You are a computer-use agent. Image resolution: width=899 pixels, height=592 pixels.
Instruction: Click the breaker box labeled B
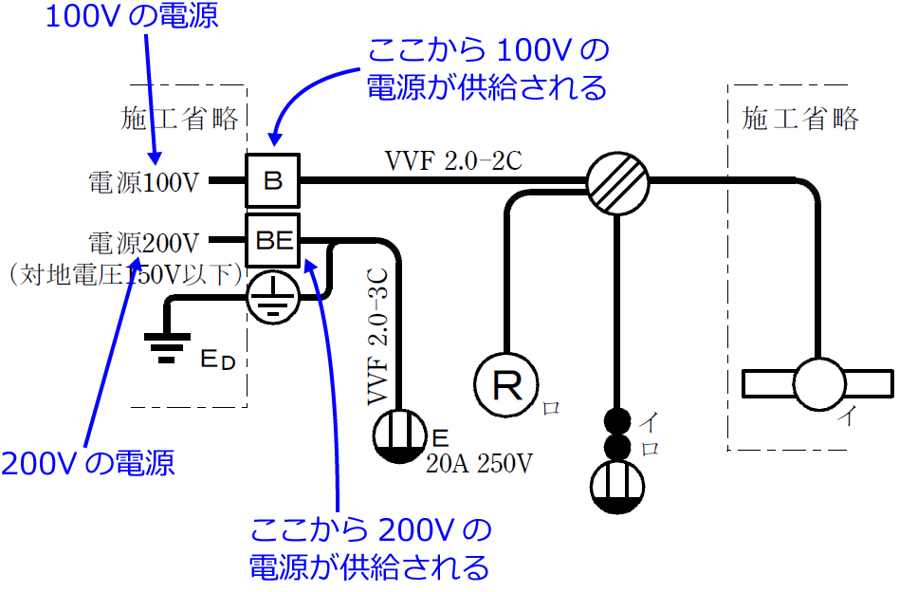[273, 179]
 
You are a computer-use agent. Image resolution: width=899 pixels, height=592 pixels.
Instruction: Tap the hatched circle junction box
[616, 180]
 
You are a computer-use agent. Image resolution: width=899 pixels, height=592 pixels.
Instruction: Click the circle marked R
[507, 383]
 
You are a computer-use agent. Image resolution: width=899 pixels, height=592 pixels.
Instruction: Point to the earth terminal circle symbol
[273, 296]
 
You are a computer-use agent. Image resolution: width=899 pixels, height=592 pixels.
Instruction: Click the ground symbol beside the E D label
[166, 347]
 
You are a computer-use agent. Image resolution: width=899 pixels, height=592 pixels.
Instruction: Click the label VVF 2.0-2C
[453, 159]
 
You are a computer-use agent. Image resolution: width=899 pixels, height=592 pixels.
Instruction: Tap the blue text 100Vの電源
[132, 16]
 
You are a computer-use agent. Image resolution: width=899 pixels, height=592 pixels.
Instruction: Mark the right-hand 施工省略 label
[801, 119]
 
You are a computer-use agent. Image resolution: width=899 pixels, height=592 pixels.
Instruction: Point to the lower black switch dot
[617, 447]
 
